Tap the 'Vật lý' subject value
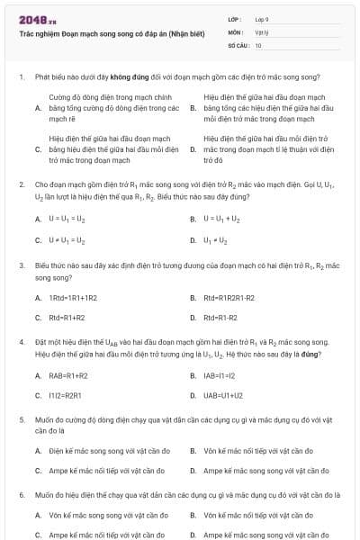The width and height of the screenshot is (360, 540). point(261,31)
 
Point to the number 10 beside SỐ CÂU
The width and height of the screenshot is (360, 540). point(258,44)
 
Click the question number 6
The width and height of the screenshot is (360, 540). point(21,495)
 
